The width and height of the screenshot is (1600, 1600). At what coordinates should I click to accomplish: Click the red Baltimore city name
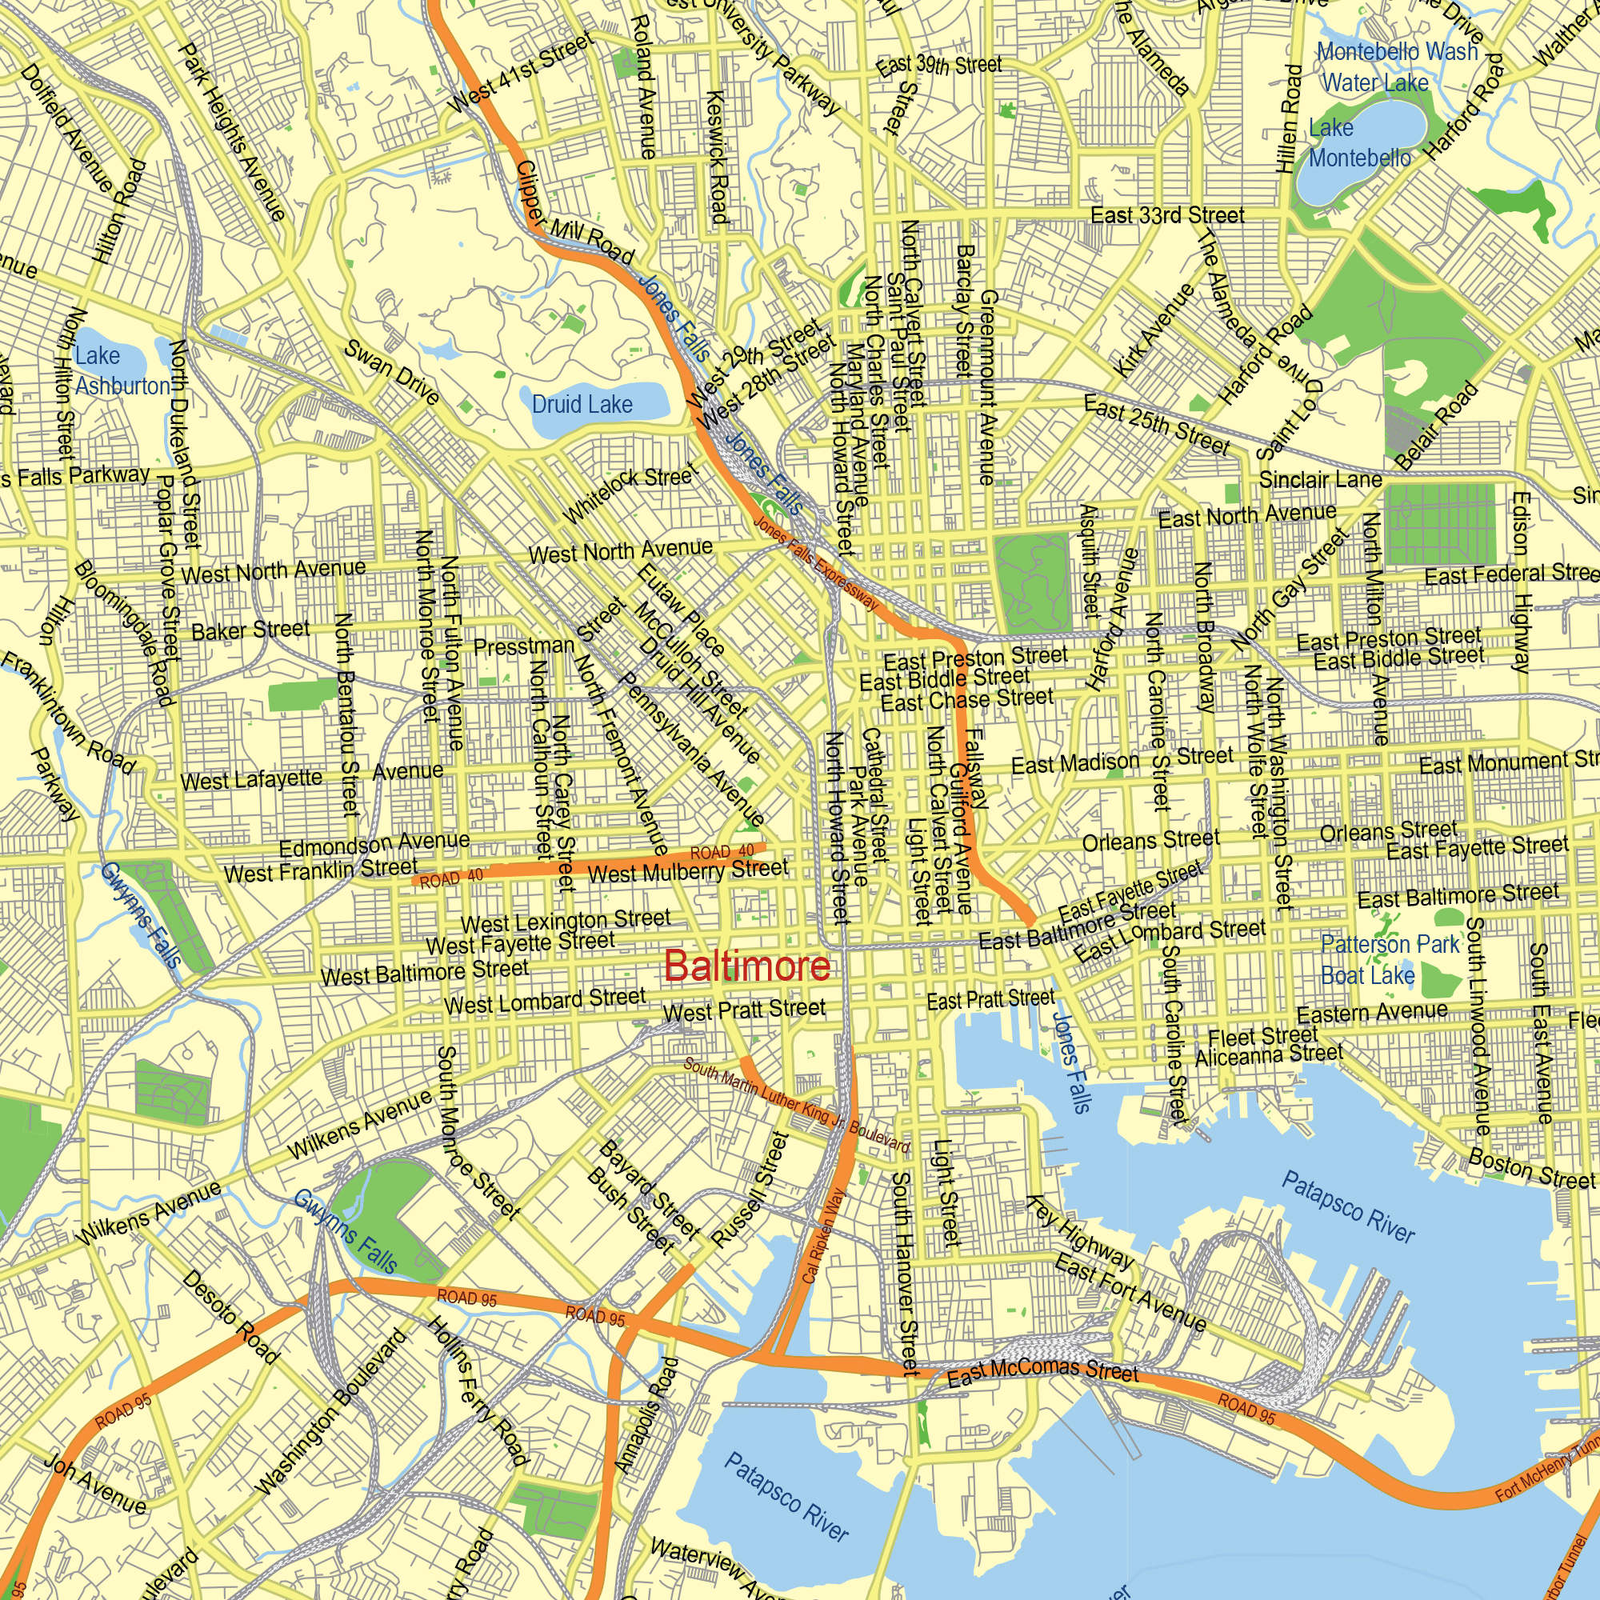746,966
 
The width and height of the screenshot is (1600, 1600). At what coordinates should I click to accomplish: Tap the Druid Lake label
582,404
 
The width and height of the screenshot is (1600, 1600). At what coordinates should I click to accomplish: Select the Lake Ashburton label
121,371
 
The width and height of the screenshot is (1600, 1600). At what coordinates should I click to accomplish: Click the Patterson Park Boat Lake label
1389,960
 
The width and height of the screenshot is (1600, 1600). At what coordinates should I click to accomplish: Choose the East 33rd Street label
1167,216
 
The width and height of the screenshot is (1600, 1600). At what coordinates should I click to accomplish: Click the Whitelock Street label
631,494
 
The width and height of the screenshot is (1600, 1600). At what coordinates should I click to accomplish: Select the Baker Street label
250,630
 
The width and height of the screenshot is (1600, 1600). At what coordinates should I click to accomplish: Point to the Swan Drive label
392,372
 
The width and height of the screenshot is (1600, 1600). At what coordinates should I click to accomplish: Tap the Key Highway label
1079,1232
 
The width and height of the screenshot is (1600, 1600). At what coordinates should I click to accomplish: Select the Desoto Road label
230,1317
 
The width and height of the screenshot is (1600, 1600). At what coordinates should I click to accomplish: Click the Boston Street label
1530,1169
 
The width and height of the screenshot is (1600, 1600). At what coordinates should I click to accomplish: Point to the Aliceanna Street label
1268,1055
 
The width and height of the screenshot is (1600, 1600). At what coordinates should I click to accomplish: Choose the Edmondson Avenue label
374,844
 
